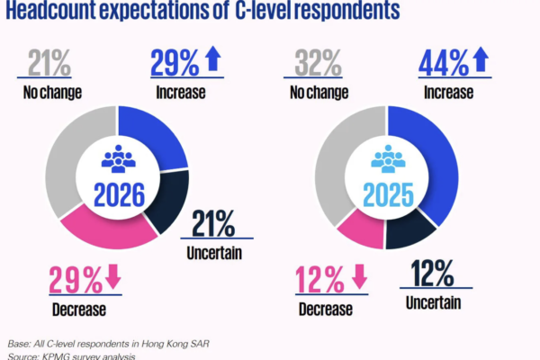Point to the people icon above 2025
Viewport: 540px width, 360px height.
pyautogui.click(x=388, y=159)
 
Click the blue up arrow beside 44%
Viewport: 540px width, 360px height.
pyautogui.click(x=481, y=61)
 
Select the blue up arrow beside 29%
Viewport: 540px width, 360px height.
pyautogui.click(x=212, y=61)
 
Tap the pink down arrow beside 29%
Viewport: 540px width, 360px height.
pyautogui.click(x=113, y=279)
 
